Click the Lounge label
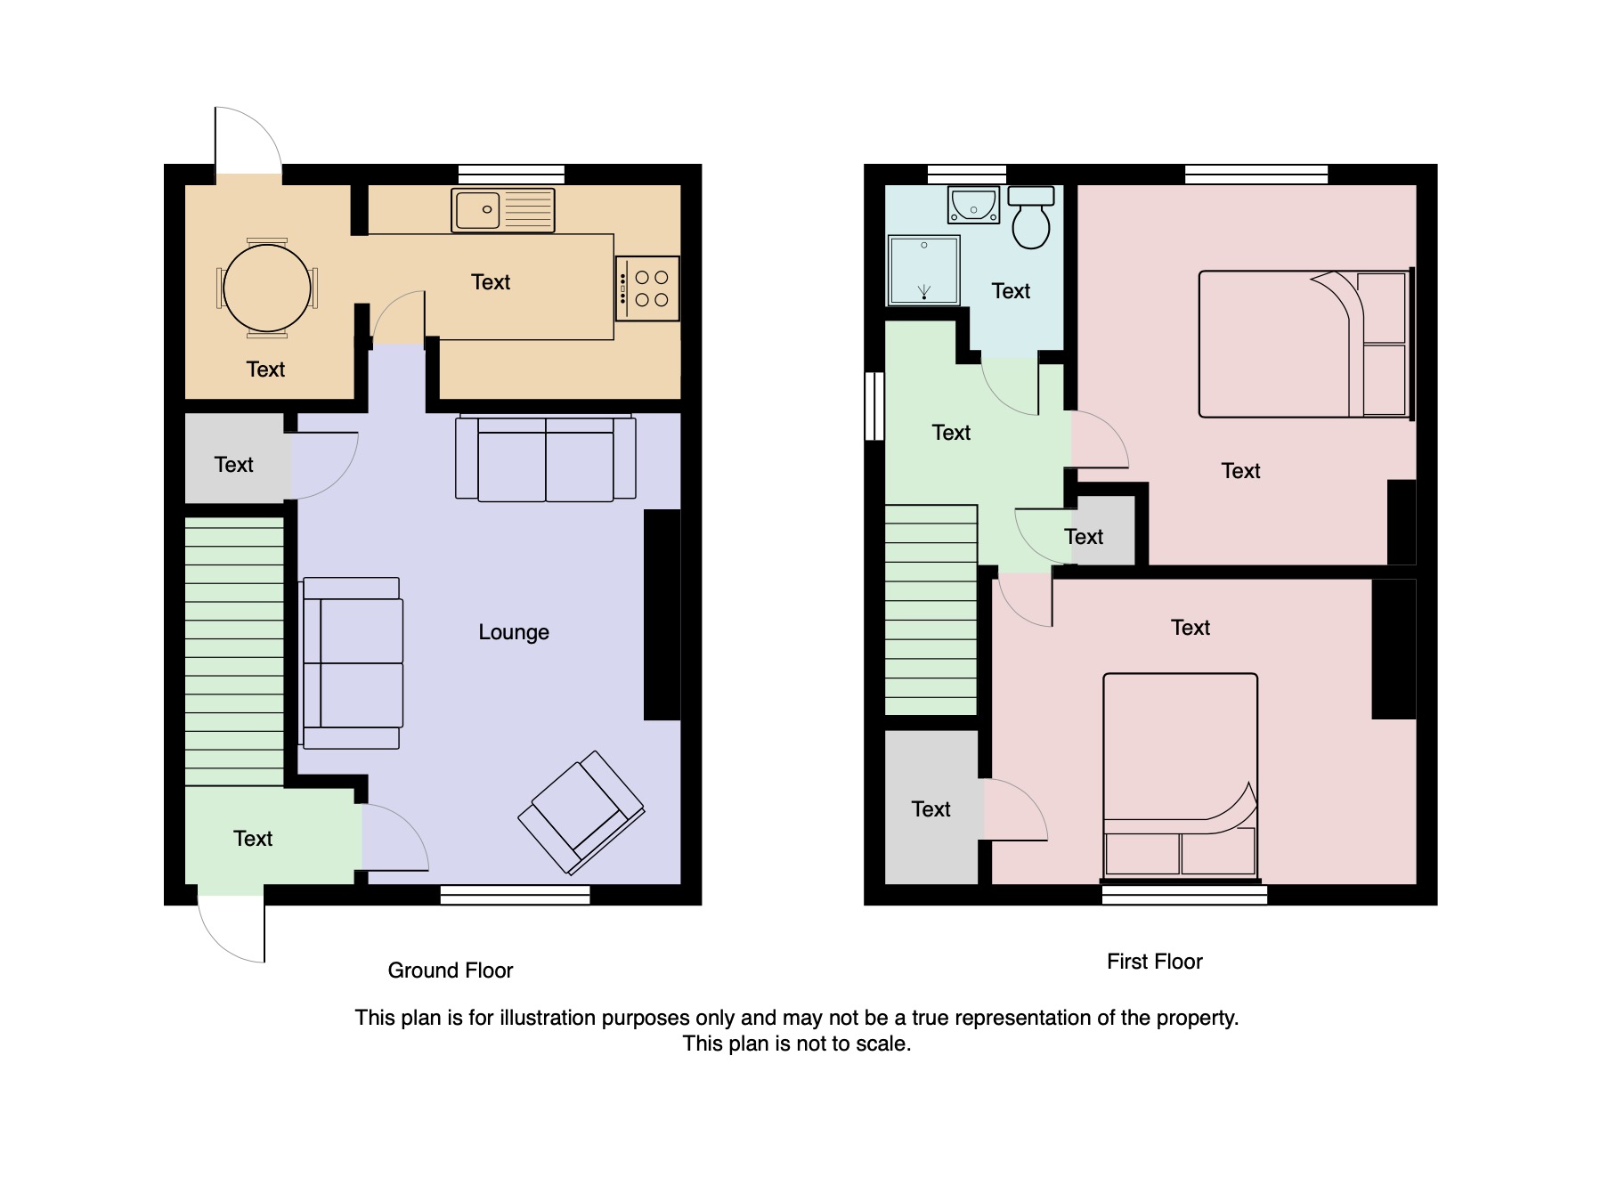(514, 632)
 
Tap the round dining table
(267, 288)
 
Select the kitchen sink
(503, 210)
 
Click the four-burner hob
(647, 288)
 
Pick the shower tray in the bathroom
(924, 269)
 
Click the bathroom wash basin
(974, 205)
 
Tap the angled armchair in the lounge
(581, 812)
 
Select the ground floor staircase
(234, 652)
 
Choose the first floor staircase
(931, 610)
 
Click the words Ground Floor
(451, 971)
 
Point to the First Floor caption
(1155, 962)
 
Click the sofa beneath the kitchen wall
(546, 458)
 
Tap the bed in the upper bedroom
(1306, 344)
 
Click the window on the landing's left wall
(875, 406)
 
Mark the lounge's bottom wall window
(516, 895)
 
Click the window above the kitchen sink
(512, 175)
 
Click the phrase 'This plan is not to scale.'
(797, 1044)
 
